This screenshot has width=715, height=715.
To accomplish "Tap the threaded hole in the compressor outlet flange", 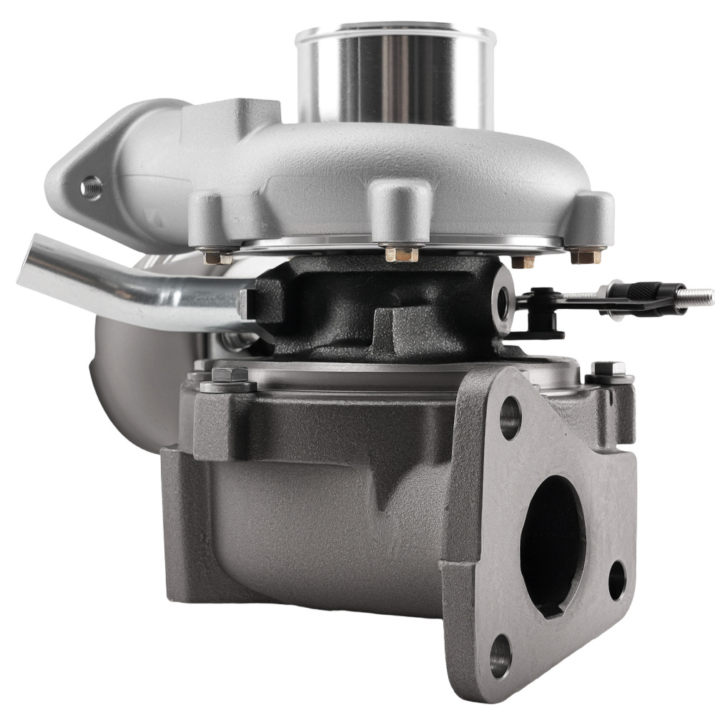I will pos(91,187).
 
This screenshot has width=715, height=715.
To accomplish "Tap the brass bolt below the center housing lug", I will pos(400,253).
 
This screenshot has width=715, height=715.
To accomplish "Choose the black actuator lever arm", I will pos(565,304).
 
